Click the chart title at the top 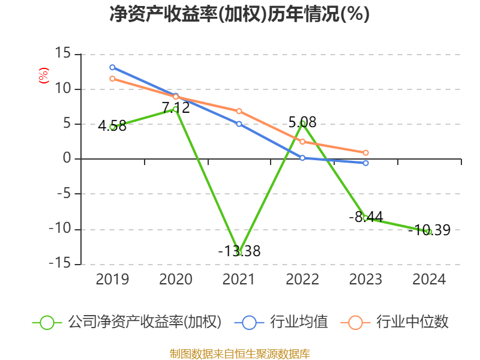239,14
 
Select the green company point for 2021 239,253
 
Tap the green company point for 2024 429,231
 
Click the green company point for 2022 302,124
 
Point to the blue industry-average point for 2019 112,67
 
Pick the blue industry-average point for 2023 365,163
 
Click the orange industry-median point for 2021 239,111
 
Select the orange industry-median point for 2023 365,152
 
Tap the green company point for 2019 112,127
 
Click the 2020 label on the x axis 175,280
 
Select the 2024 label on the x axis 429,280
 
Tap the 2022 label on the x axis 302,280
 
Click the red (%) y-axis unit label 43,76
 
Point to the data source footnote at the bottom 239,353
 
